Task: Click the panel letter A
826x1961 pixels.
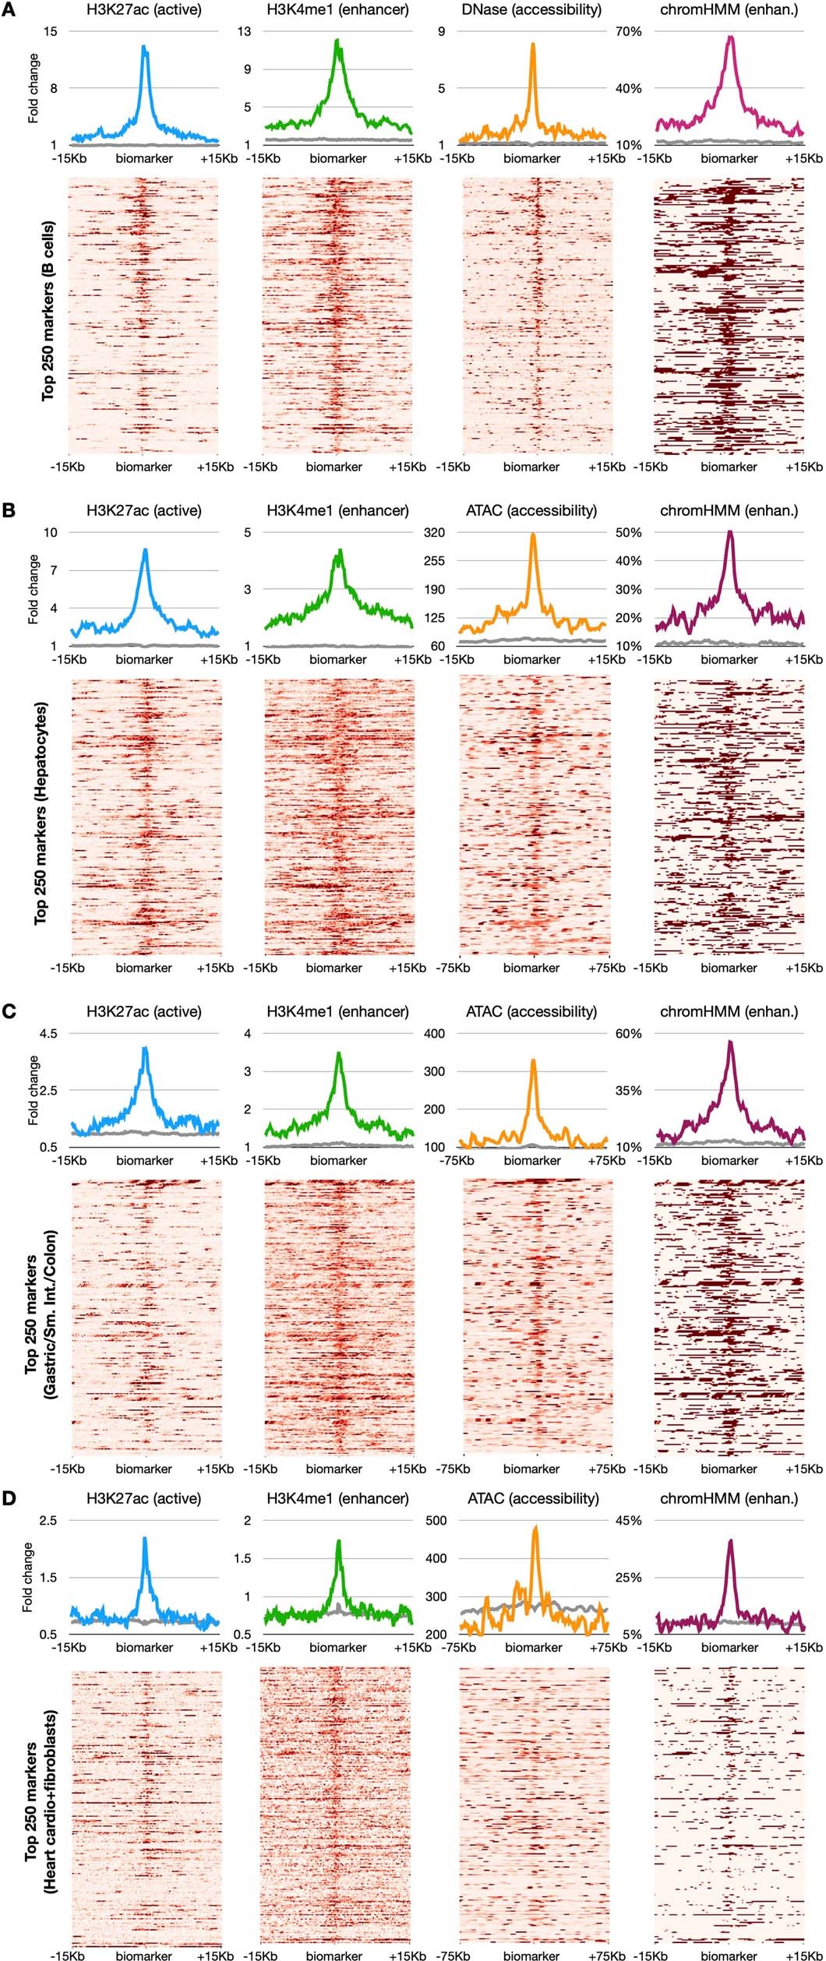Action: pos(9,10)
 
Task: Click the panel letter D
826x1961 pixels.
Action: pos(9,1498)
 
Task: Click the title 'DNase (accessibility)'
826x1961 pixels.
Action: pos(531,10)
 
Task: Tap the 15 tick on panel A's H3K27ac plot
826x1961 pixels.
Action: pos(51,32)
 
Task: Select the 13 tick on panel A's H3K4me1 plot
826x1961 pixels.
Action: pos(245,32)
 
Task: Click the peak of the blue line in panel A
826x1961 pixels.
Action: pos(144,47)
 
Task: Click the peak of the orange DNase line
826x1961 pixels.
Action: pos(533,44)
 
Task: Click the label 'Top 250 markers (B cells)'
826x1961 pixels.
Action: pos(49,312)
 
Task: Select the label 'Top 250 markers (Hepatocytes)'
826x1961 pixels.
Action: pos(41,813)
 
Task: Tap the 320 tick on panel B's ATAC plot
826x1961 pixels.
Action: pos(434,533)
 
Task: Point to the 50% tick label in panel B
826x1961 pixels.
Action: pos(628,533)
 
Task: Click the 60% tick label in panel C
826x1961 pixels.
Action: pos(628,1034)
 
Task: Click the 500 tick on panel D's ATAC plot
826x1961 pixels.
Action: pos(436,1520)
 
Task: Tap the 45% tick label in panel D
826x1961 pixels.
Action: pos(628,1520)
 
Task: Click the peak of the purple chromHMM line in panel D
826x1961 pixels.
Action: pos(730,1540)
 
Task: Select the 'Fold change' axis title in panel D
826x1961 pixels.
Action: pos(28,1578)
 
